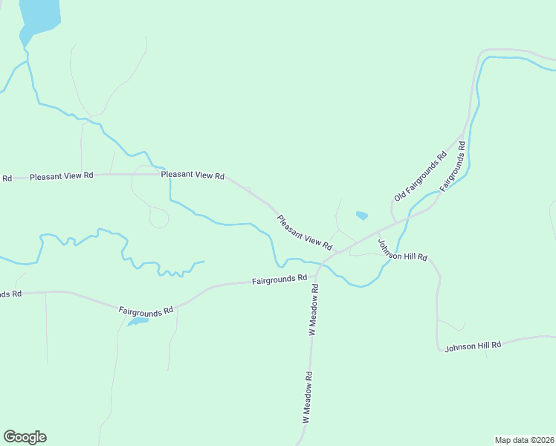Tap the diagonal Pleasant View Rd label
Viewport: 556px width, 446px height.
point(305,233)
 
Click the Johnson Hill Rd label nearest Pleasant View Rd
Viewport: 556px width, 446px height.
point(402,250)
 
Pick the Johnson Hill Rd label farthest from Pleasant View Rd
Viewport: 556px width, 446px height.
point(473,346)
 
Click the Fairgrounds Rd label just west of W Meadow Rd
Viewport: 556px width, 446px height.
point(279,279)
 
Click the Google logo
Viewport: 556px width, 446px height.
point(25,437)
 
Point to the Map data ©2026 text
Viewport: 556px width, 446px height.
point(524,439)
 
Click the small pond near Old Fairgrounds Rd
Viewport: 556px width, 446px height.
point(362,216)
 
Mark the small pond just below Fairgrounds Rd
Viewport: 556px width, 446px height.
point(138,322)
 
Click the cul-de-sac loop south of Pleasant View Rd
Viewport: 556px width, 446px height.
point(158,219)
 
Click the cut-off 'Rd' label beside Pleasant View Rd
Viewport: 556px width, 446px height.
point(7,178)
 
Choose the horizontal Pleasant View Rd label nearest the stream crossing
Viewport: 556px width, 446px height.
point(193,175)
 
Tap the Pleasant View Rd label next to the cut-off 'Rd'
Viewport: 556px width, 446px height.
point(62,176)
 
